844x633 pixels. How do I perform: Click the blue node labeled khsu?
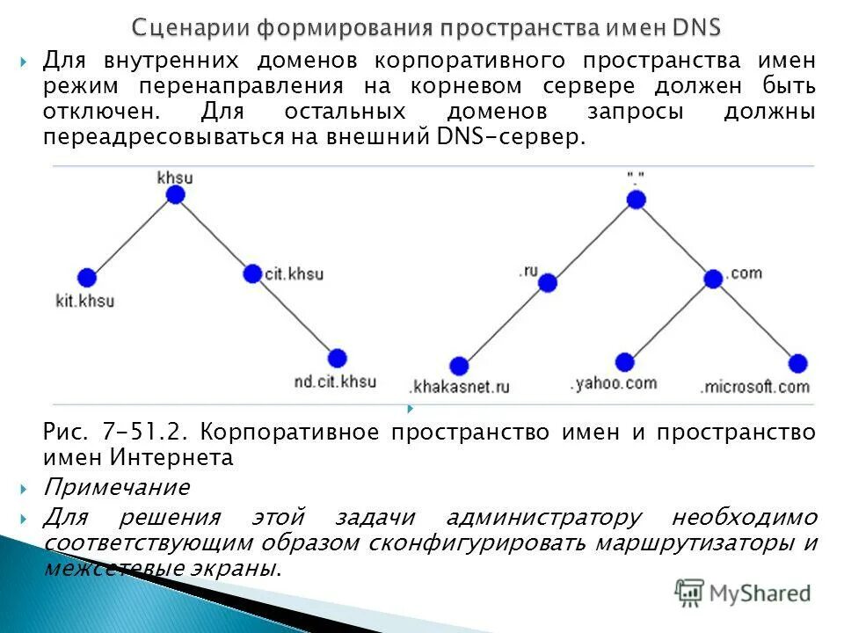pos(176,194)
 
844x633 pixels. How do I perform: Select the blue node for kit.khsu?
pos(86,278)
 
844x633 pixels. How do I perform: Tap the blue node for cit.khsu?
pos(252,273)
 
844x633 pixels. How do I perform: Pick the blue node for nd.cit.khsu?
pos(338,358)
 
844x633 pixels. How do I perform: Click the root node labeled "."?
pos(637,200)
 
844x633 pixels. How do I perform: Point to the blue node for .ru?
pos(548,282)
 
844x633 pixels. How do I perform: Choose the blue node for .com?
pos(713,279)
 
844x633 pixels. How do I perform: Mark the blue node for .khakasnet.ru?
pos(459,366)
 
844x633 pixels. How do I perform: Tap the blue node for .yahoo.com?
pos(624,362)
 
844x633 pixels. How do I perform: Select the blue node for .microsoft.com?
pos(797,362)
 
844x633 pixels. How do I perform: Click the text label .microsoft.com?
pos(754,386)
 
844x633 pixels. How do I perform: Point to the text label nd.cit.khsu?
pos(335,382)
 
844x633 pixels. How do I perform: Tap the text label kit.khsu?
pos(84,301)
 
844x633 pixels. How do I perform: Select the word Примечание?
pos(117,486)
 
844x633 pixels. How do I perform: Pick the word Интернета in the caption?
pos(172,457)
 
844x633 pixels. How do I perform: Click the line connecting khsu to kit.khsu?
pos(132,236)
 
